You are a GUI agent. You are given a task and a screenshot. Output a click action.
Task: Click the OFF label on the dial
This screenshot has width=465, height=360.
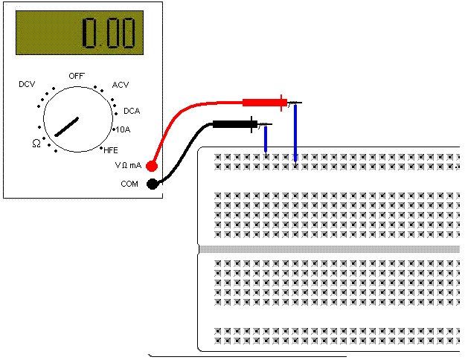tap(77, 76)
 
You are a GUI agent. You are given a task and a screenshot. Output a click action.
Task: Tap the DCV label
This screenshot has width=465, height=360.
tap(27, 84)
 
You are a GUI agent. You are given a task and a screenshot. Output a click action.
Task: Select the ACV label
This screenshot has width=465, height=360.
tap(121, 85)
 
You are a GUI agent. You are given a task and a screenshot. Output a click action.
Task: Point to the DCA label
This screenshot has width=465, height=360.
tap(132, 111)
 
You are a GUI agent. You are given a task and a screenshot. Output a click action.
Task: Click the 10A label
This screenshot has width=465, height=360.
tap(123, 129)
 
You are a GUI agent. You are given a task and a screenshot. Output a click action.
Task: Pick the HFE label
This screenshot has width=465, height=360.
tap(111, 150)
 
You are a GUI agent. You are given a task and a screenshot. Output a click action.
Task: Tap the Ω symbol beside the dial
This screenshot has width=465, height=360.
tap(36, 144)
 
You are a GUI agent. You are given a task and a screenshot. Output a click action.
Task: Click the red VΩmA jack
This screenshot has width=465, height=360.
tap(152, 166)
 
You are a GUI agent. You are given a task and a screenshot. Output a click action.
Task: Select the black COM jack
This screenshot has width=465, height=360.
tap(152, 184)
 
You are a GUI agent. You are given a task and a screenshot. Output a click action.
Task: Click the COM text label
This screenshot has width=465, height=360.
tap(129, 184)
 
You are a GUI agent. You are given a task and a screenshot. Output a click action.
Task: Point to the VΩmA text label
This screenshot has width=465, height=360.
tap(128, 165)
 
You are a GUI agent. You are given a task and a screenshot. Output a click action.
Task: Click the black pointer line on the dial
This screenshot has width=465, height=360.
tap(67, 127)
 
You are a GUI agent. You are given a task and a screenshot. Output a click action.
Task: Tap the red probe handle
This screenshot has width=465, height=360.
tap(265, 103)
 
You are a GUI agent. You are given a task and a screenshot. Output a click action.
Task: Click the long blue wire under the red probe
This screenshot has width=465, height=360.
tap(295, 133)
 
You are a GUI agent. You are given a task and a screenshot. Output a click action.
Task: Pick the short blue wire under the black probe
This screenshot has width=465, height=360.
tap(266, 139)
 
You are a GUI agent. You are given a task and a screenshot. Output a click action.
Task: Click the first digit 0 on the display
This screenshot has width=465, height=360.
tap(89, 33)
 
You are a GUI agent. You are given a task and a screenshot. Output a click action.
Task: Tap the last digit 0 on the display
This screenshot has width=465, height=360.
tap(128, 33)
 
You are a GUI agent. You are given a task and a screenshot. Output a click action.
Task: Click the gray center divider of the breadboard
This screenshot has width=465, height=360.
tap(329, 249)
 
